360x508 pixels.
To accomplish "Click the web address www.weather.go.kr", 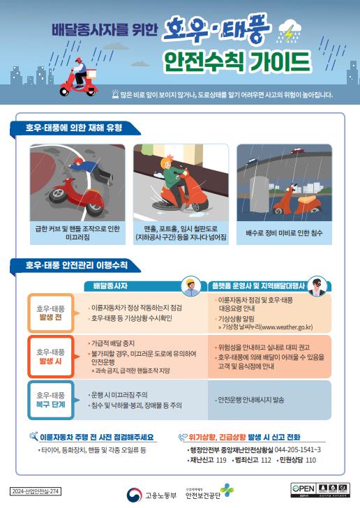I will click(x=277, y=326).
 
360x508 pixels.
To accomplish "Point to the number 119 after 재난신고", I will click(x=221, y=460).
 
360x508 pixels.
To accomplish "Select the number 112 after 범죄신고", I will click(x=265, y=460).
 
